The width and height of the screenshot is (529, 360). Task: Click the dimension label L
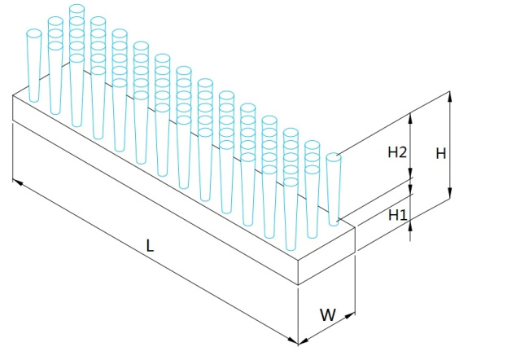pyautogui.click(x=150, y=245)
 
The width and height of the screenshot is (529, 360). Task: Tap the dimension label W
pyautogui.click(x=328, y=314)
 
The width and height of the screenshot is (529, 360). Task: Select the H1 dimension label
pyautogui.click(x=398, y=215)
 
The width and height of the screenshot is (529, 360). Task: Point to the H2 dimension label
pyautogui.click(x=397, y=152)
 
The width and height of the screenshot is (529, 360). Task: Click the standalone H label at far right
pyautogui.click(x=441, y=154)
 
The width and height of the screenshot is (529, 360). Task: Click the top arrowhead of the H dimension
pyautogui.click(x=449, y=96)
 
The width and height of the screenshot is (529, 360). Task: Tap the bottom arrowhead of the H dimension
pyautogui.click(x=449, y=194)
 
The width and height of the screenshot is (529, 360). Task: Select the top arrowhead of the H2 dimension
pyautogui.click(x=410, y=118)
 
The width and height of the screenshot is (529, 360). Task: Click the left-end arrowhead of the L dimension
pyautogui.click(x=18, y=182)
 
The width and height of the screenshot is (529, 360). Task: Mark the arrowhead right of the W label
pyautogui.click(x=350, y=316)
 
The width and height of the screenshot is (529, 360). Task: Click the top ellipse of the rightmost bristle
pyautogui.click(x=334, y=157)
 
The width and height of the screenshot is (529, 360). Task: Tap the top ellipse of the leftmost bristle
pyautogui.click(x=33, y=33)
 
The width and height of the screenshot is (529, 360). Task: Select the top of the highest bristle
pyautogui.click(x=77, y=9)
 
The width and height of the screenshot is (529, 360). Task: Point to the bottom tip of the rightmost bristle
pyautogui.click(x=334, y=223)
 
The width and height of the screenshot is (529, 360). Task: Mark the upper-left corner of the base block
pyautogui.click(x=13, y=95)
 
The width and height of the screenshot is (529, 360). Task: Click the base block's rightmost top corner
pyautogui.click(x=355, y=227)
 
